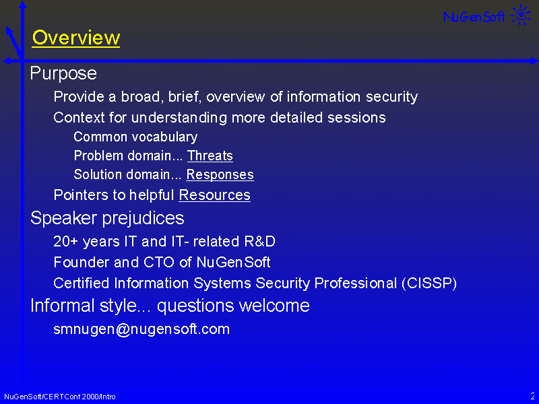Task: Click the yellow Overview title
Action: click(76, 38)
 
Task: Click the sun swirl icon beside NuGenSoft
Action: click(521, 14)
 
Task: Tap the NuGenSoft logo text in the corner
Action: click(474, 16)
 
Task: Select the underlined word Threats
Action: click(210, 156)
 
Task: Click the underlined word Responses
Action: click(220, 174)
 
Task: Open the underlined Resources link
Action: click(214, 195)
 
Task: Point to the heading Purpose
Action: click(63, 74)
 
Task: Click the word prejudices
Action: click(143, 218)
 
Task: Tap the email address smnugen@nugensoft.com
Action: click(141, 329)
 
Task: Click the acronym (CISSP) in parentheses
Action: click(429, 283)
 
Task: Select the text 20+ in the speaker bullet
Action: click(66, 242)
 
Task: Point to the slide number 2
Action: click(532, 396)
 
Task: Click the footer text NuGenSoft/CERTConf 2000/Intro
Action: click(60, 397)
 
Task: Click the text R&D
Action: click(260, 242)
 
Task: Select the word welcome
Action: click(274, 306)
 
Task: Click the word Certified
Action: click(82, 283)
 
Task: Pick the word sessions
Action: click(356, 118)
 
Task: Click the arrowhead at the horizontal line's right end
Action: click(534, 61)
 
